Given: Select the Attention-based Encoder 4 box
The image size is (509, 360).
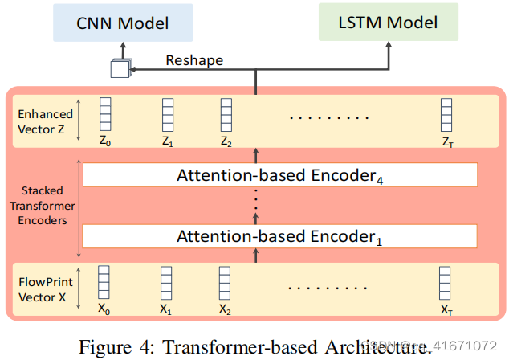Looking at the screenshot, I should pos(279,174).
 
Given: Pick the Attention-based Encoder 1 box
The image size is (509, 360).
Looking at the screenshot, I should pos(279,235).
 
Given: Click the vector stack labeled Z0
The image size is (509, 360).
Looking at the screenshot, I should pos(104,114).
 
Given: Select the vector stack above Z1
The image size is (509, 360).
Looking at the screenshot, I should pos(166,114).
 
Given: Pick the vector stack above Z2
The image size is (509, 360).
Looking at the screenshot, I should pos(226,114).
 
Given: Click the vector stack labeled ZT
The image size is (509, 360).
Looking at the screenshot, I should pos(446,114).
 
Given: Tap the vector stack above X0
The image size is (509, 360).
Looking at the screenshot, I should pos(104,283).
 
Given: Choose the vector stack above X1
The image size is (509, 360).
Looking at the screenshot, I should pos(166,283).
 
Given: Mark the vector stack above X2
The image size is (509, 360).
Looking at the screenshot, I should pos(226,283).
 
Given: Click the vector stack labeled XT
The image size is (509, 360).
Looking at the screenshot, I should pos(446,283).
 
